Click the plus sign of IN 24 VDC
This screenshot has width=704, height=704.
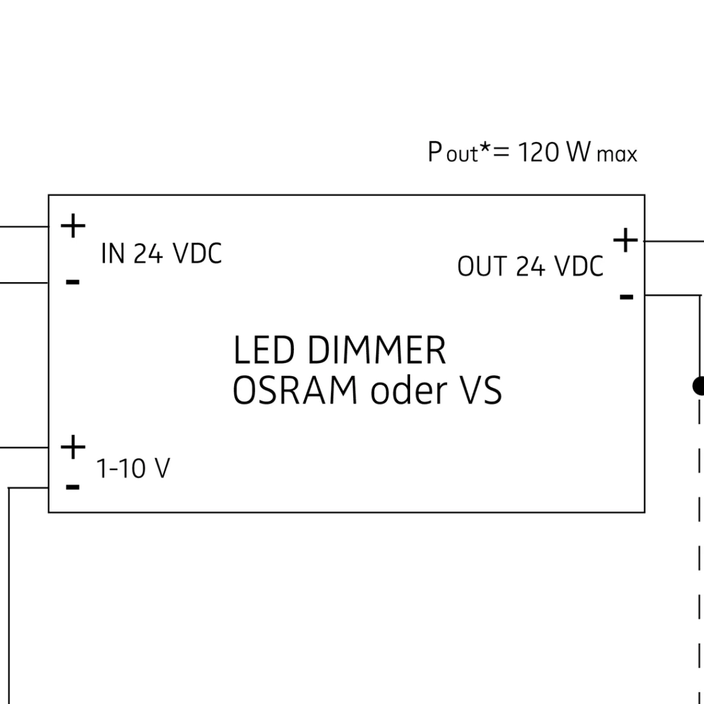pos(73,226)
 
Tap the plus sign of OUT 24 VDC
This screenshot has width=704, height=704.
pos(625,241)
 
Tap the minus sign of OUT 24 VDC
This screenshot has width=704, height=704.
pos(627,297)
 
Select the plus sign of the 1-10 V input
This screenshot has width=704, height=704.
pos(73,448)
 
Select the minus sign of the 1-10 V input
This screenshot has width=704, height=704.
pos(73,487)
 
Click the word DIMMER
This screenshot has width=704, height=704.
pos(376,351)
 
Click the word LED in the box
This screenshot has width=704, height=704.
pos(262,351)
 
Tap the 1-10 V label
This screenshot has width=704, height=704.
pos(133,469)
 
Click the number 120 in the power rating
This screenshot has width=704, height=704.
pos(537,153)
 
